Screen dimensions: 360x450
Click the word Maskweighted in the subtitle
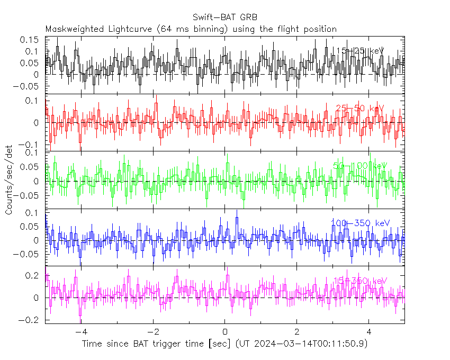click(71, 29)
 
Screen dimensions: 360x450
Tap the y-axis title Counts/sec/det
click(9, 180)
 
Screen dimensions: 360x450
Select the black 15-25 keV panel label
click(359, 51)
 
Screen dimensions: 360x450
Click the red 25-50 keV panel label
click(359, 109)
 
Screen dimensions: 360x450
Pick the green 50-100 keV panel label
click(360, 166)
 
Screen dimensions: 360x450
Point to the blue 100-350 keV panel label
click(360, 223)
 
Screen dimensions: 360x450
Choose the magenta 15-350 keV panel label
click(360, 281)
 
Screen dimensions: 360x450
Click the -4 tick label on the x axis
click(81, 332)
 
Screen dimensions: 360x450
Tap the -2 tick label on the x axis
click(153, 332)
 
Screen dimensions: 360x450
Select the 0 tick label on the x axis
click(225, 332)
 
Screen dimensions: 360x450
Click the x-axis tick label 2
click(297, 332)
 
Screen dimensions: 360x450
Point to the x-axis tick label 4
click(369, 332)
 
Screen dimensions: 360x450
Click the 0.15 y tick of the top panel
click(30, 40)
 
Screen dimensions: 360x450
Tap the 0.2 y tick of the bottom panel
click(33, 275)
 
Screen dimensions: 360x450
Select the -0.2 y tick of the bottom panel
click(30, 320)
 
